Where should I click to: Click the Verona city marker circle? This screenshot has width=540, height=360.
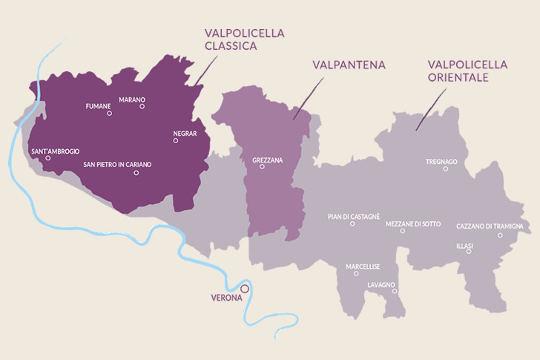pos(245,288)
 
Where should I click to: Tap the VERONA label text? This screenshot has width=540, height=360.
pos(226,298)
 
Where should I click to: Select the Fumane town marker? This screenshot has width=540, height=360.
pos(109,114)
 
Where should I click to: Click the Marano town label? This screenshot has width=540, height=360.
pos(131,99)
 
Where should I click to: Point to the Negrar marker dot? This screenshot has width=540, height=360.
pos(176,140)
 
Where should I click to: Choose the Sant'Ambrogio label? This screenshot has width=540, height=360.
pos(55,151)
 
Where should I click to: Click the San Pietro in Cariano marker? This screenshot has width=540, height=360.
pos(136,173)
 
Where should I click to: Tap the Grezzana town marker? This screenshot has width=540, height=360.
pos(262,167)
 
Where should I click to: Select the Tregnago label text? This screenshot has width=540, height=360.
pos(441,161)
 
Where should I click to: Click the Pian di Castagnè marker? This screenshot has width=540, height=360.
pos(352,223)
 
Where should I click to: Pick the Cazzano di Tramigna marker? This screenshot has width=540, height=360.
pos(500,235)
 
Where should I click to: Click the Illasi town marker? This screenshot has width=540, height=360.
pos(469,252)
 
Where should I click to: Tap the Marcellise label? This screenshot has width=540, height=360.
pos(362,266)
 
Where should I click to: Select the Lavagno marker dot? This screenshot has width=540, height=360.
pos(395,291)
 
